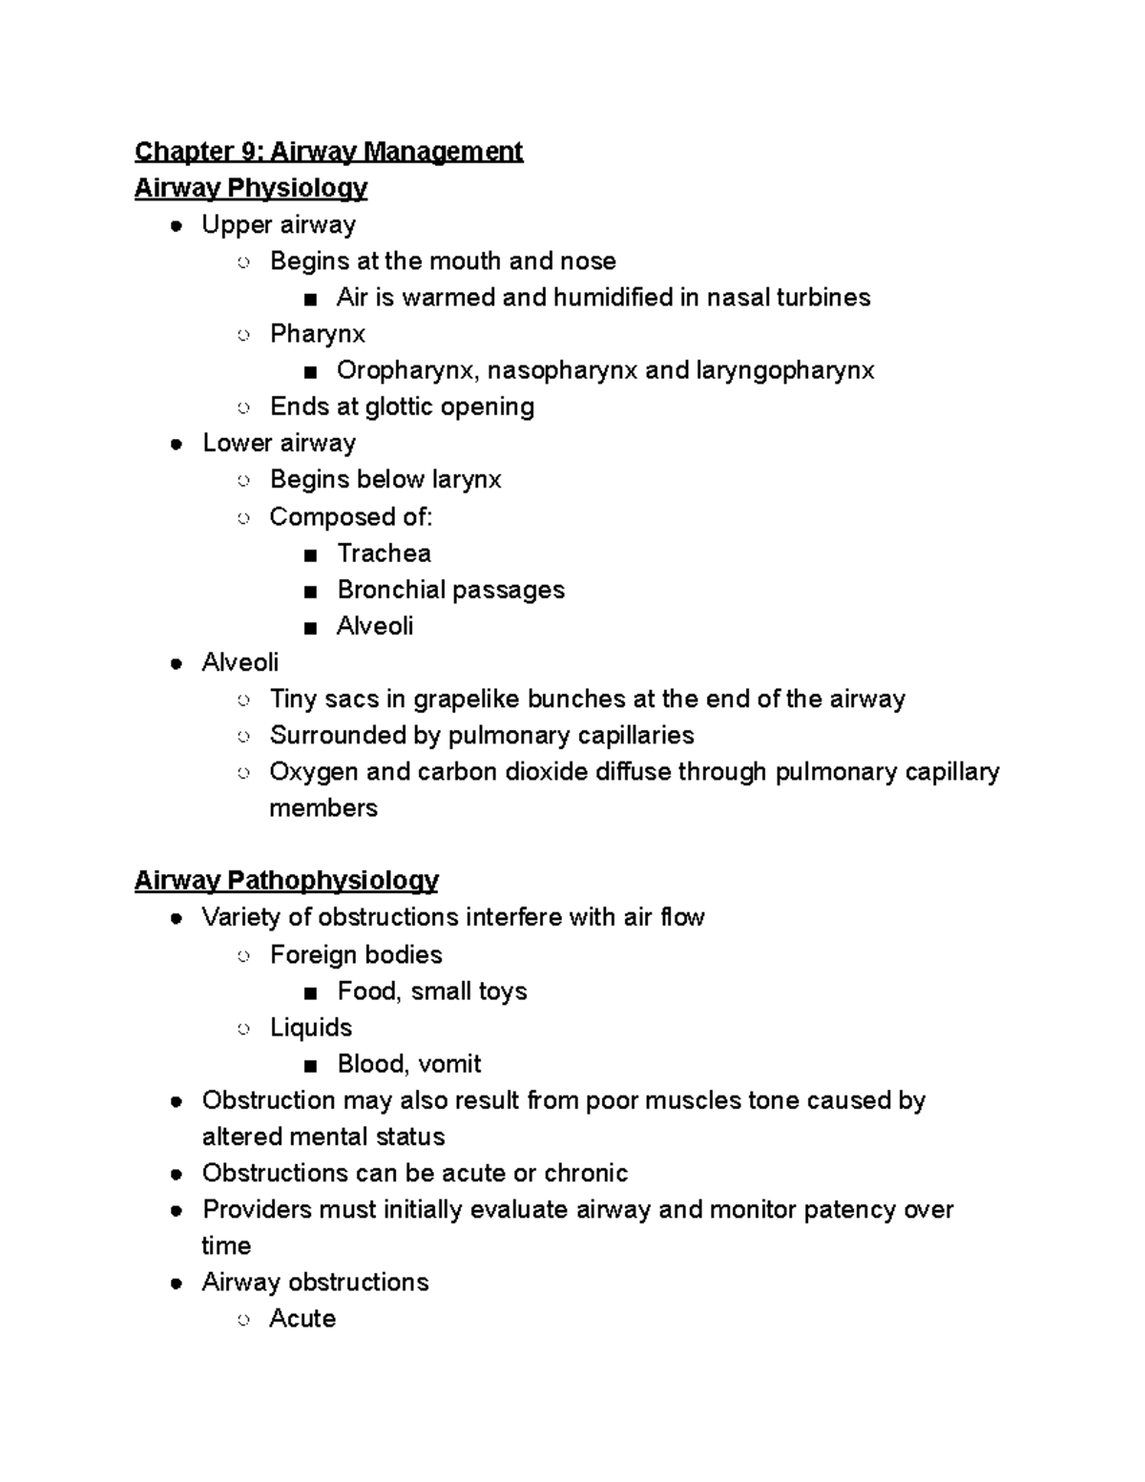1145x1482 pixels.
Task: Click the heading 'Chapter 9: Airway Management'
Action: click(328, 152)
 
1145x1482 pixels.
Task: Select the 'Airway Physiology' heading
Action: click(250, 188)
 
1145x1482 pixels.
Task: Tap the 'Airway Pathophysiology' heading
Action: click(286, 880)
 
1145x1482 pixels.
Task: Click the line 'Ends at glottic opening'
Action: click(402, 407)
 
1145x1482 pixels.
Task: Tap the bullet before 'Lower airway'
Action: click(177, 444)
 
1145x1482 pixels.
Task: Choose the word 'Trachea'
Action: click(384, 553)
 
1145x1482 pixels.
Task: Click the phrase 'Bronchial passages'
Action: click(450, 590)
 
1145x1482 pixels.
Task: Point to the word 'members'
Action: click(323, 808)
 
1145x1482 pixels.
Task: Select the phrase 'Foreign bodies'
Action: click(356, 954)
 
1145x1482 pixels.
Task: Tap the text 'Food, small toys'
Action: click(431, 991)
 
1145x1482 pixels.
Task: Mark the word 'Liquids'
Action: click(311, 1028)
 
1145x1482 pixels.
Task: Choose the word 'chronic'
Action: click(585, 1173)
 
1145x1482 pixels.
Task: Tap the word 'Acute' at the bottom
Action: click(302, 1319)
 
